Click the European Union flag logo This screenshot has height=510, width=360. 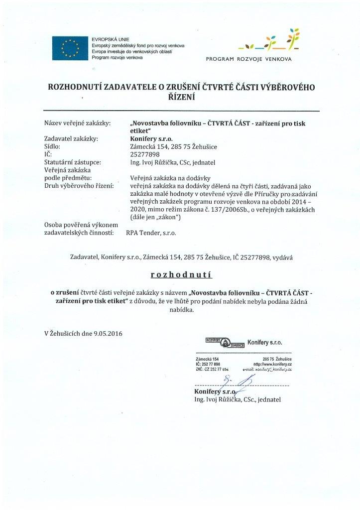[70, 48]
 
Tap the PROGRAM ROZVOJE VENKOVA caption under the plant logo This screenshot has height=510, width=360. [249, 59]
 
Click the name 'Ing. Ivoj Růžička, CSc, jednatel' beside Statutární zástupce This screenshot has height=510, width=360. [173, 162]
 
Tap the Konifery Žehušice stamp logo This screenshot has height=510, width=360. [224, 342]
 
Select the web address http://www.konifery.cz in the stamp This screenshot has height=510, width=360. [272, 364]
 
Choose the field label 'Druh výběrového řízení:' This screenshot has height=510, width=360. [79, 186]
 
